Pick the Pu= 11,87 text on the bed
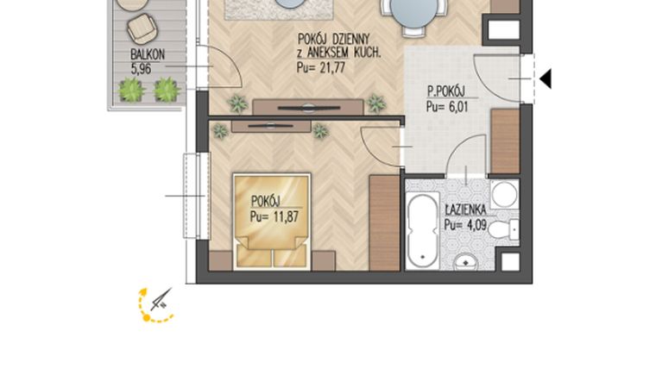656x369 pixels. pos(274,216)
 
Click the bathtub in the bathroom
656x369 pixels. pos(422,230)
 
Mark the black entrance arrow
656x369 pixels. pos(545,79)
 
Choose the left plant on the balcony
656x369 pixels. pos(131,90)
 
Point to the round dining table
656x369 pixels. pos(412,12)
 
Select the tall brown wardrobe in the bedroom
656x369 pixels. pos(384,223)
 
